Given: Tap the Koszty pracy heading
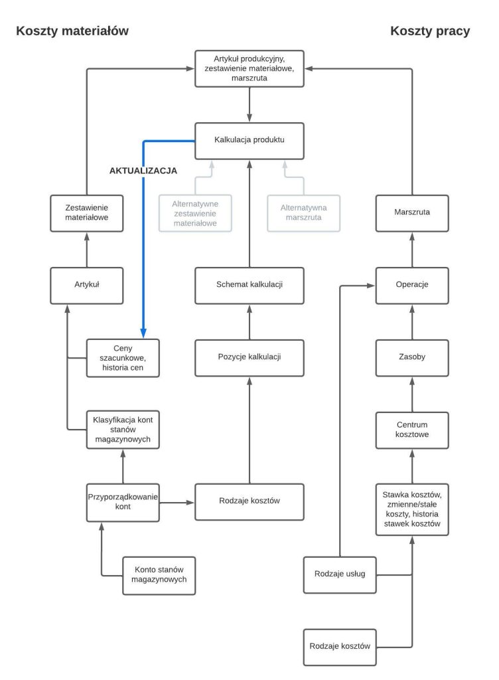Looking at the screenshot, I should (430, 31).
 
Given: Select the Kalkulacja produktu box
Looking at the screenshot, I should (249, 141).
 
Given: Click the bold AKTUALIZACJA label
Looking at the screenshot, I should (143, 171).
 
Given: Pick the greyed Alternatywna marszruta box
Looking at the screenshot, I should (303, 212).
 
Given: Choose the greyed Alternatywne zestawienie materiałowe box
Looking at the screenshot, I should (196, 212).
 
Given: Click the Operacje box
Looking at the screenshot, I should (412, 285).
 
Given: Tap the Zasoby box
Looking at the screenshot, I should (412, 357).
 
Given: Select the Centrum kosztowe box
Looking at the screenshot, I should (412, 430).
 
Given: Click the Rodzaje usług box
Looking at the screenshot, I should (339, 574).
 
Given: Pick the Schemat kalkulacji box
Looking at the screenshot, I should (249, 285).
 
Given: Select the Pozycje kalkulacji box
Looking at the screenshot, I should (249, 357).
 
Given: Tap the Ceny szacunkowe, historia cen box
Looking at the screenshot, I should (123, 357).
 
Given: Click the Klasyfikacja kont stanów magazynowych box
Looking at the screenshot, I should (123, 430).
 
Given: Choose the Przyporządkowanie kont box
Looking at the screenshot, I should (123, 501).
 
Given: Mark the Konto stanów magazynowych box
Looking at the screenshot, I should (159, 574).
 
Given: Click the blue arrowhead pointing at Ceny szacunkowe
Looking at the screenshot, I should (143, 333).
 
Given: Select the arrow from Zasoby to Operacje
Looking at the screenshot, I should (412, 321).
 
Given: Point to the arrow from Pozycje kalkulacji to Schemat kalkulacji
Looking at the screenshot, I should (249, 321).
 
